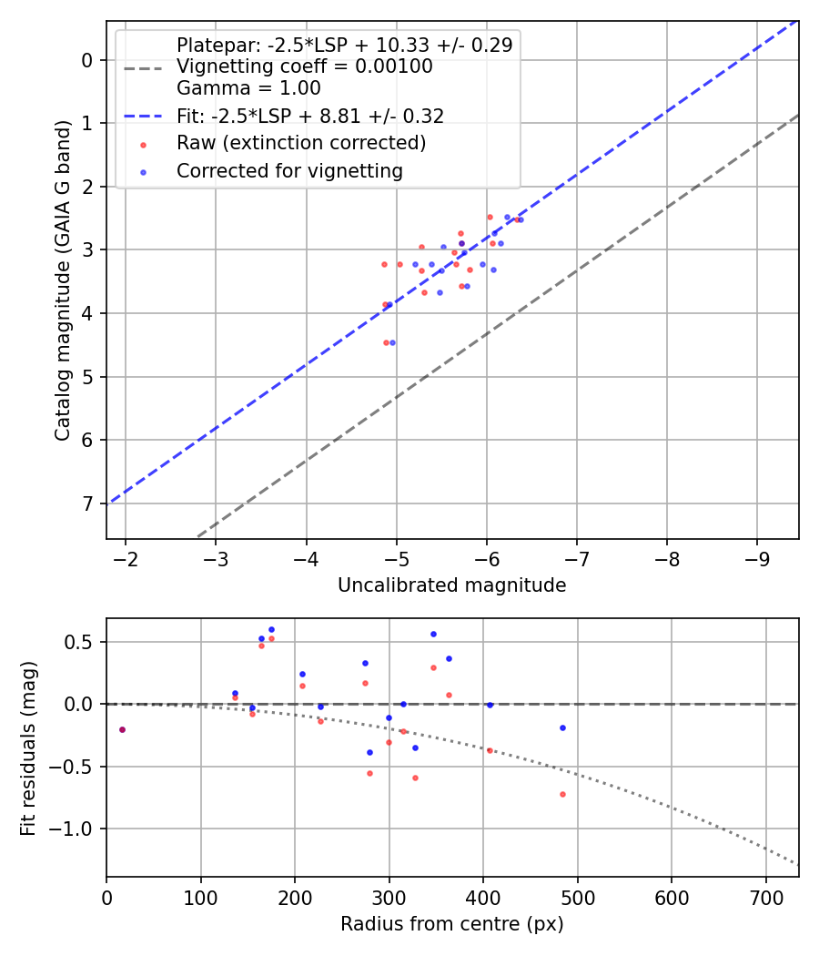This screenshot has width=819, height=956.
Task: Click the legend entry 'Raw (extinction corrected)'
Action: pyautogui.click(x=301, y=143)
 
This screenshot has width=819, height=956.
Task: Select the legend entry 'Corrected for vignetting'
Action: pyautogui.click(x=289, y=170)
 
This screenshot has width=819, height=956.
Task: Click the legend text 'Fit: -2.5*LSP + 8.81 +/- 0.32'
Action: pyautogui.click(x=310, y=116)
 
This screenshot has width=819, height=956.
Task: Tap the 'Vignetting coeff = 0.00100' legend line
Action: pyautogui.click(x=305, y=66)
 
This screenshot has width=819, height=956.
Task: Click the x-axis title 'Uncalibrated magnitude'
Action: pyautogui.click(x=451, y=585)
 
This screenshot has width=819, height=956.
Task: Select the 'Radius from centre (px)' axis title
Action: pyautogui.click(x=451, y=924)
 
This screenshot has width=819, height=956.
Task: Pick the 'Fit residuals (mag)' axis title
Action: pyautogui.click(x=28, y=748)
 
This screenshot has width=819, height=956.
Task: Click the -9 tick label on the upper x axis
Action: pyautogui.click(x=756, y=557)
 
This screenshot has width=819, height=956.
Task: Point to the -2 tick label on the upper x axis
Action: pyautogui.click(x=126, y=557)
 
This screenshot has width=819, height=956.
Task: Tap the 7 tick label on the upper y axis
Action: pyautogui.click(x=87, y=503)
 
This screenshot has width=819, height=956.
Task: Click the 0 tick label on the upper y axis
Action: pyautogui.click(x=87, y=60)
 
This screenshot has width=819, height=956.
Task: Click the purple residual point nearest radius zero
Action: pyautogui.click(x=122, y=729)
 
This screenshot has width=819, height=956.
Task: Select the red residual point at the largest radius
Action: pyautogui.click(x=562, y=794)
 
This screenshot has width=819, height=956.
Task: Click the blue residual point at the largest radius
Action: pyautogui.click(x=562, y=727)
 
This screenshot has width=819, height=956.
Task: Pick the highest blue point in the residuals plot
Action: pyautogui.click(x=271, y=629)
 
